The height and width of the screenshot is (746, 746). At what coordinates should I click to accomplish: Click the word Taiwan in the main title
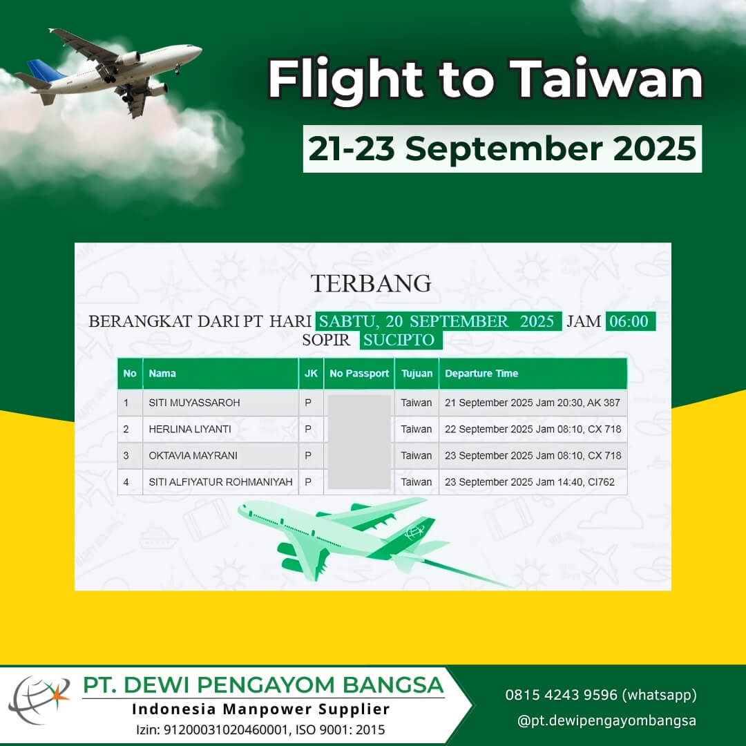(606, 79)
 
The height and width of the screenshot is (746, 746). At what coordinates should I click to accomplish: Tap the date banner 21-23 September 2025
(502, 149)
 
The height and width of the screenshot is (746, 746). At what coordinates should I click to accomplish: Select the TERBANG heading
(371, 283)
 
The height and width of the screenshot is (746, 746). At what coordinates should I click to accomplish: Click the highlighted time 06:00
(630, 321)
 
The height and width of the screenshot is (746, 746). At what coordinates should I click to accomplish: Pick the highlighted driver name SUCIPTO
(401, 340)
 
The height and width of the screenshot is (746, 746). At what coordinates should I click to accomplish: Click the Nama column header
(162, 374)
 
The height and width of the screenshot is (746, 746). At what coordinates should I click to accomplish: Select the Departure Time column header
(481, 374)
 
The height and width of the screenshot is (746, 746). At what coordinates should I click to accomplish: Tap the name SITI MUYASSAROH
(194, 403)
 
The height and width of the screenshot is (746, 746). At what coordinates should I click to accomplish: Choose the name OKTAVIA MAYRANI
(193, 455)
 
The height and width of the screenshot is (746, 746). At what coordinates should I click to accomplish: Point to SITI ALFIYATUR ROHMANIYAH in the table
(220, 482)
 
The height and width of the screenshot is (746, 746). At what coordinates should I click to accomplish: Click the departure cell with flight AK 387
(533, 403)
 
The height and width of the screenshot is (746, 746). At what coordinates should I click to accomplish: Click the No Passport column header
(359, 374)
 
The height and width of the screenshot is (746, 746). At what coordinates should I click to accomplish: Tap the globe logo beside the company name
(39, 699)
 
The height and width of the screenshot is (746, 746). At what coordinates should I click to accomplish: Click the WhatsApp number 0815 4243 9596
(561, 695)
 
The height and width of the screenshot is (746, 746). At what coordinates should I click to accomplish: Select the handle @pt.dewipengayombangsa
(606, 720)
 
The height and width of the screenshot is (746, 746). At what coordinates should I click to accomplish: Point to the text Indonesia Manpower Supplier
(260, 709)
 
